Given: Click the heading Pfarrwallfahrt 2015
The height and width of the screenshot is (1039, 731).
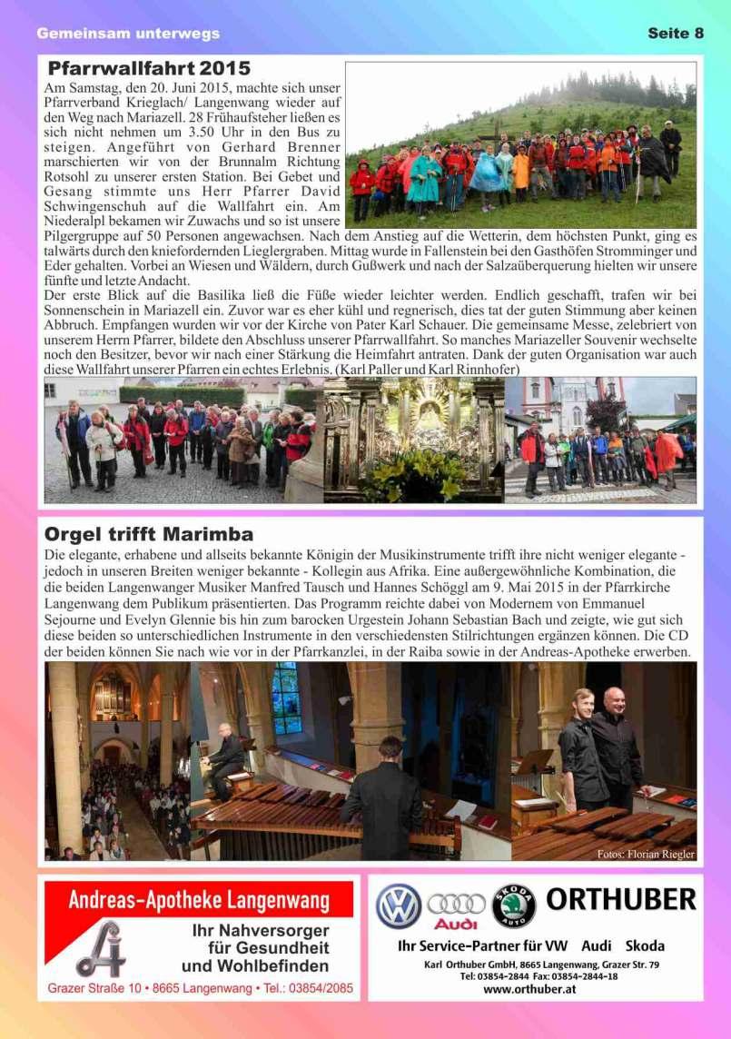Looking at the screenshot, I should pyautogui.click(x=149, y=69).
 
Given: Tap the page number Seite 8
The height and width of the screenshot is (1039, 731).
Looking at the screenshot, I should pyautogui.click(x=676, y=34).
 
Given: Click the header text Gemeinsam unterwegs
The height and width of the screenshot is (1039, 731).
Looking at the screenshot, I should pyautogui.click(x=128, y=34).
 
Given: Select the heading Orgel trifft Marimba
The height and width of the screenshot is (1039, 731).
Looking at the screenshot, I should pyautogui.click(x=149, y=534).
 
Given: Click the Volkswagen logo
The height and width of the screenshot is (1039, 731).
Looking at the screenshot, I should pyautogui.click(x=399, y=906).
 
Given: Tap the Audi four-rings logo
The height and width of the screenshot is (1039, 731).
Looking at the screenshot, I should pyautogui.click(x=456, y=905).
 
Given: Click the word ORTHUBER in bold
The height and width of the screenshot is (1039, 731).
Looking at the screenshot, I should pyautogui.click(x=621, y=900).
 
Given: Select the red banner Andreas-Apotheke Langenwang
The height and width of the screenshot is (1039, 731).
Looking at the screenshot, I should pyautogui.click(x=199, y=901).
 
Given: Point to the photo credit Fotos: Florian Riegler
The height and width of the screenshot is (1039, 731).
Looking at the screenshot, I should pyautogui.click(x=646, y=854).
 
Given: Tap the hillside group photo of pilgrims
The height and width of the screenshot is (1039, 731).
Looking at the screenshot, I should pyautogui.click(x=520, y=145).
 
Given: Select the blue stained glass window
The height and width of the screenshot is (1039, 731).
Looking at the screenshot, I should pyautogui.click(x=287, y=698).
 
